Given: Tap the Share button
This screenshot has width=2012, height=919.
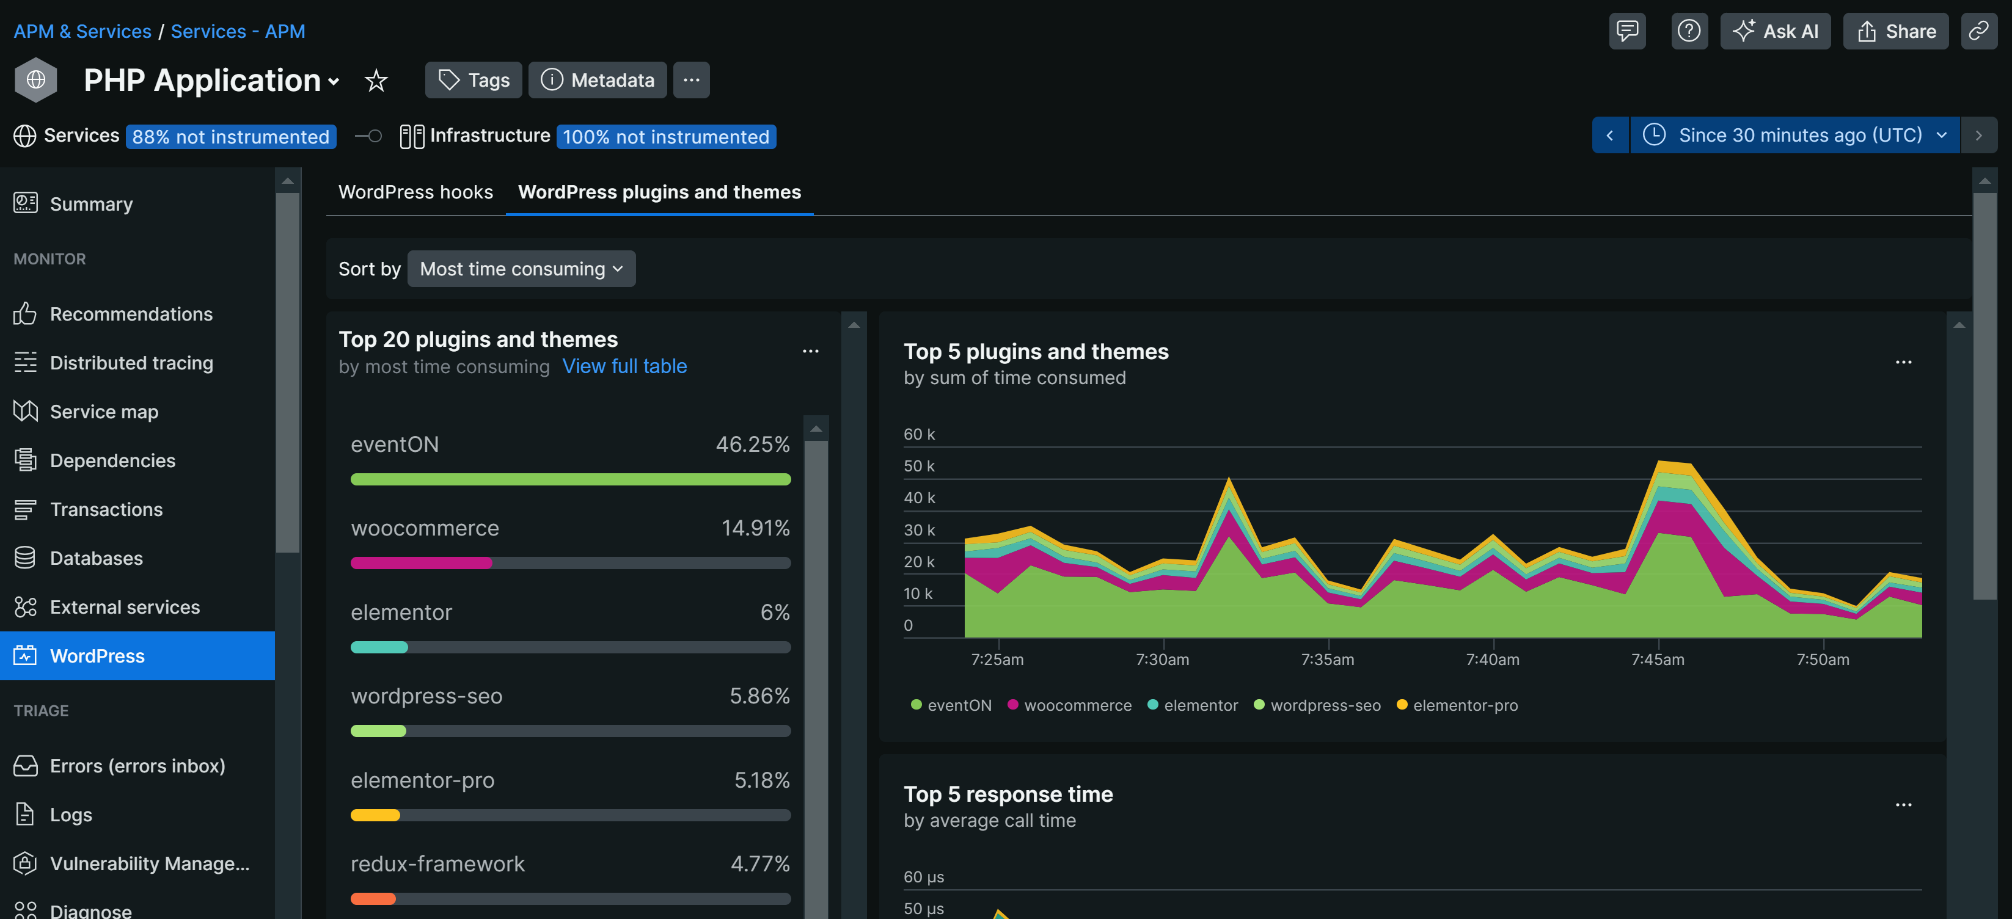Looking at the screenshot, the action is click(1896, 31).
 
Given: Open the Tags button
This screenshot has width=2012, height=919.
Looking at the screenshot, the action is click(474, 79).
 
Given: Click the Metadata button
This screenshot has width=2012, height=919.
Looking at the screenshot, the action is click(598, 79).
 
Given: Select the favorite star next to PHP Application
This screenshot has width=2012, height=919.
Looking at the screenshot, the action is click(376, 79).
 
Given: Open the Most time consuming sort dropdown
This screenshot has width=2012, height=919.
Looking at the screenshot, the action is click(521, 269).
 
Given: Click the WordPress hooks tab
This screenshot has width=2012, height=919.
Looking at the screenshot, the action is click(415, 192).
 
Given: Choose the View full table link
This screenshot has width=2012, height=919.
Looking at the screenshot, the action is click(624, 366).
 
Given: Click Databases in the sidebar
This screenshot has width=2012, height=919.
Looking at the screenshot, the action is click(96, 558).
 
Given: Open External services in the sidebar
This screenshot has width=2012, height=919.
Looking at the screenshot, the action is click(125, 607).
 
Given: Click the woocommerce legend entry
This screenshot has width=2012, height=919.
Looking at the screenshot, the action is click(1069, 705).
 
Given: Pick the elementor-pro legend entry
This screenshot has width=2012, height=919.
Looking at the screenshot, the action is click(1457, 705).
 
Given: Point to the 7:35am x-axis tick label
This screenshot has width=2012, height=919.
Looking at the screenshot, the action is click(1327, 659).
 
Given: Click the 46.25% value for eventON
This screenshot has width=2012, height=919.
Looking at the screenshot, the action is click(752, 445).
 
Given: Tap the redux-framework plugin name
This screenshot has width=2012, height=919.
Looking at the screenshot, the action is click(437, 863).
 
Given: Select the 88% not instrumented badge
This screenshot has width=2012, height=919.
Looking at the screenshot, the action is click(230, 137).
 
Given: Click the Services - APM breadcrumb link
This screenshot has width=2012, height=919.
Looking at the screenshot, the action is click(238, 31).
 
